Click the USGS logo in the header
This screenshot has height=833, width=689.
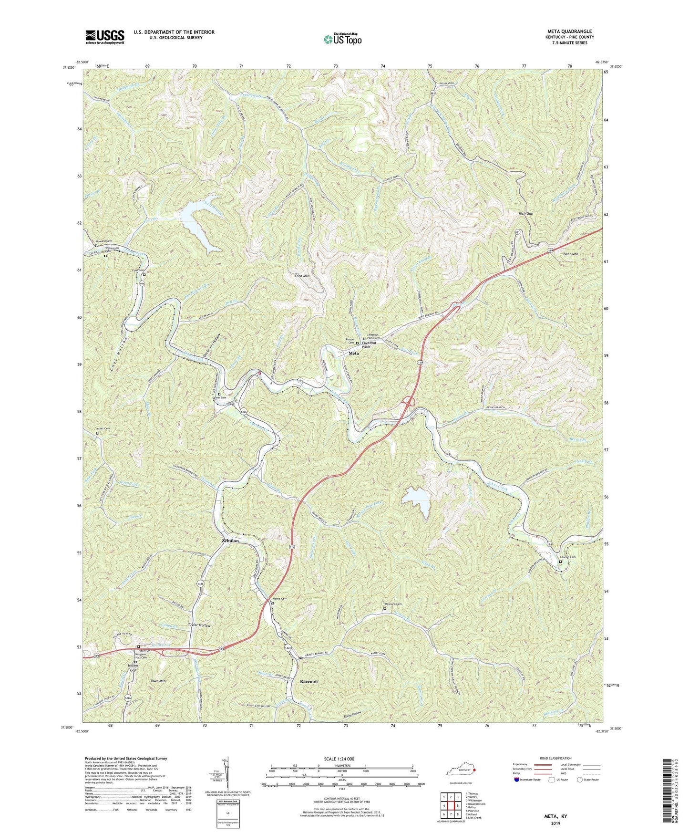[x=105, y=37]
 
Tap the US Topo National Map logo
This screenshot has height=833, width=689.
[x=342, y=39]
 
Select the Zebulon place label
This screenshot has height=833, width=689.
[x=230, y=541]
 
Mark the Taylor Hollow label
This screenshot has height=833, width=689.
[x=199, y=625]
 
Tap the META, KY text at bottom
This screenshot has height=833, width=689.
[x=555, y=816]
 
